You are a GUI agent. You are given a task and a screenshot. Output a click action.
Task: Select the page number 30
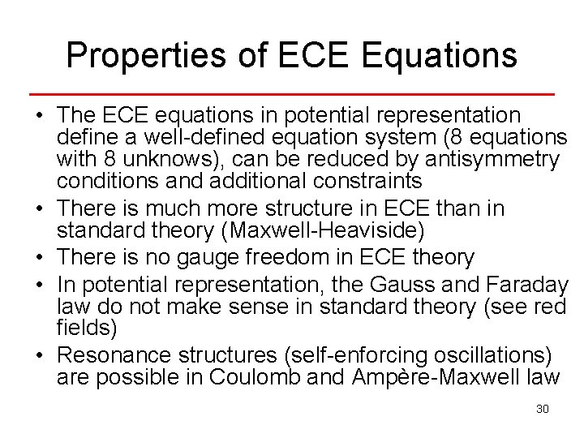coord(543,409)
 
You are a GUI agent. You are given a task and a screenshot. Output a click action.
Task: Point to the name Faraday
coord(530,285)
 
